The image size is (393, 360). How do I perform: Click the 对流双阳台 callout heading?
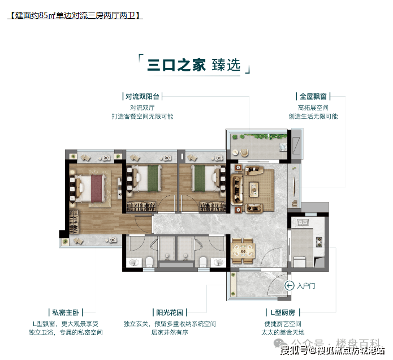[142, 96]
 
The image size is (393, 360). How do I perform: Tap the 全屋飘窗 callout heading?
[313, 96]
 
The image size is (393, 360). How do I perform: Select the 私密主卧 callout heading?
[66, 312]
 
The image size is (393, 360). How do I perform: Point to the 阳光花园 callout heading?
[170, 312]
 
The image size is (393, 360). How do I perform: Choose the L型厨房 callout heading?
[283, 312]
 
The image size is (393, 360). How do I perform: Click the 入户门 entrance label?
[306, 286]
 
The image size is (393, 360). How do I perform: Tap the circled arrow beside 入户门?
[289, 285]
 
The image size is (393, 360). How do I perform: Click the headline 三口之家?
[176, 65]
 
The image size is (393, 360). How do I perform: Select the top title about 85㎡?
[75, 15]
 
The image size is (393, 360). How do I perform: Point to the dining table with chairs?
[243, 251]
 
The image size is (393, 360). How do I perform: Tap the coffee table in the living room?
[254, 189]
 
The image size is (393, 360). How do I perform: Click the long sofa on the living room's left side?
[237, 189]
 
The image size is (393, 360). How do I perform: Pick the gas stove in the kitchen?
[319, 242]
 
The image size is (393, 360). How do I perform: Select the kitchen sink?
[303, 222]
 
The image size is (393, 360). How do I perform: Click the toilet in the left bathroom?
[149, 261]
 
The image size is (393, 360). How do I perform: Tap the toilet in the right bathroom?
[202, 261]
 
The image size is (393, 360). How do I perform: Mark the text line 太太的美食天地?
[283, 332]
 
